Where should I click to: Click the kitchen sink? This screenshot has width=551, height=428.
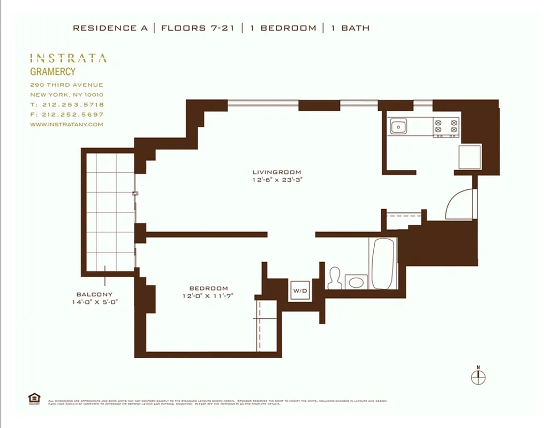(x=397, y=127)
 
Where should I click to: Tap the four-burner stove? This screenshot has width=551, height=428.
(x=446, y=127)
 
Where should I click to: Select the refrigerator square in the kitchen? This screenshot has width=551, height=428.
(x=470, y=157)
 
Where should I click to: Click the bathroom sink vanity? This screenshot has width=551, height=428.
(x=356, y=281)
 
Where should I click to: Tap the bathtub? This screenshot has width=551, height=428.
(x=383, y=263)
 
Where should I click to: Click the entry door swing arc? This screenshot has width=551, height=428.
(x=459, y=204)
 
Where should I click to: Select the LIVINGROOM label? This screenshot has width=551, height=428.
(x=274, y=172)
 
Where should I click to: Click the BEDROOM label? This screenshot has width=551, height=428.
(x=208, y=288)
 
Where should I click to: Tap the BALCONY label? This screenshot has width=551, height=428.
(x=94, y=294)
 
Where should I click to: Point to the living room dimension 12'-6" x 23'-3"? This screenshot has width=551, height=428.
(x=274, y=180)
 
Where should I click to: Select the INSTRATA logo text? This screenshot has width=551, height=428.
(x=68, y=58)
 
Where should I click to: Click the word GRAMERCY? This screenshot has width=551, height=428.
(x=52, y=72)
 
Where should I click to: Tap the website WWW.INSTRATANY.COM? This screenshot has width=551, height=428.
(x=66, y=125)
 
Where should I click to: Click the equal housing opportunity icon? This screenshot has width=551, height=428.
(x=33, y=398)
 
